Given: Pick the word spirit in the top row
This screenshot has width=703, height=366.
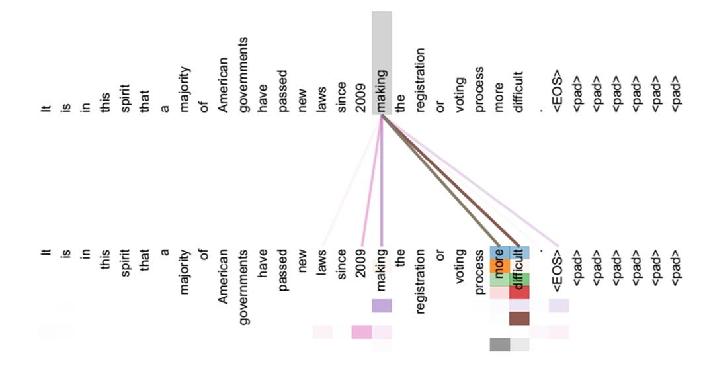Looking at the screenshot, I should click(124, 95).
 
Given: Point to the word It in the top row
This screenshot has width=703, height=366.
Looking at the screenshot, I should click(45, 107).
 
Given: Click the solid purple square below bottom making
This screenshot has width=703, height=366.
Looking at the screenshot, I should click(382, 306).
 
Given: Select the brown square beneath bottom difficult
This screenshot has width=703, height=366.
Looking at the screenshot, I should click(519, 318).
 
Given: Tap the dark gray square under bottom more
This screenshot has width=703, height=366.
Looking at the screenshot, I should click(499, 344).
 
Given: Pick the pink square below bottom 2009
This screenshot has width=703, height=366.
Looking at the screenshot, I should click(362, 332).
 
